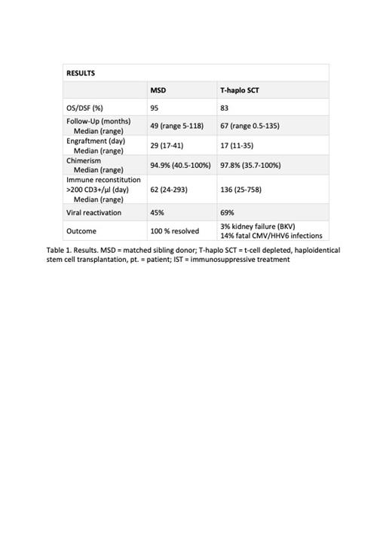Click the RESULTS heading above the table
click(x=81, y=73)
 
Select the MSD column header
click(x=158, y=90)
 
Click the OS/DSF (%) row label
click(x=84, y=108)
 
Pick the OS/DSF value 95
click(x=155, y=108)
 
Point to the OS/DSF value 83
click(x=225, y=108)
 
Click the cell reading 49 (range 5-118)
click(x=177, y=126)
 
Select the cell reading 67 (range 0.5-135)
click(x=250, y=126)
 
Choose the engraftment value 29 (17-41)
click(x=167, y=145)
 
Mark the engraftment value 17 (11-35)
click(x=237, y=145)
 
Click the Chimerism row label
click(x=87, y=160)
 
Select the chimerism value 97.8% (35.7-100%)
click(x=250, y=165)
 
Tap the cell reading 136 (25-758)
click(x=241, y=190)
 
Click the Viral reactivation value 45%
click(x=157, y=213)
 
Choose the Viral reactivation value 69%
click(x=227, y=213)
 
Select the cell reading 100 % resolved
click(x=175, y=231)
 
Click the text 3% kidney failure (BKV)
click(x=258, y=226)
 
